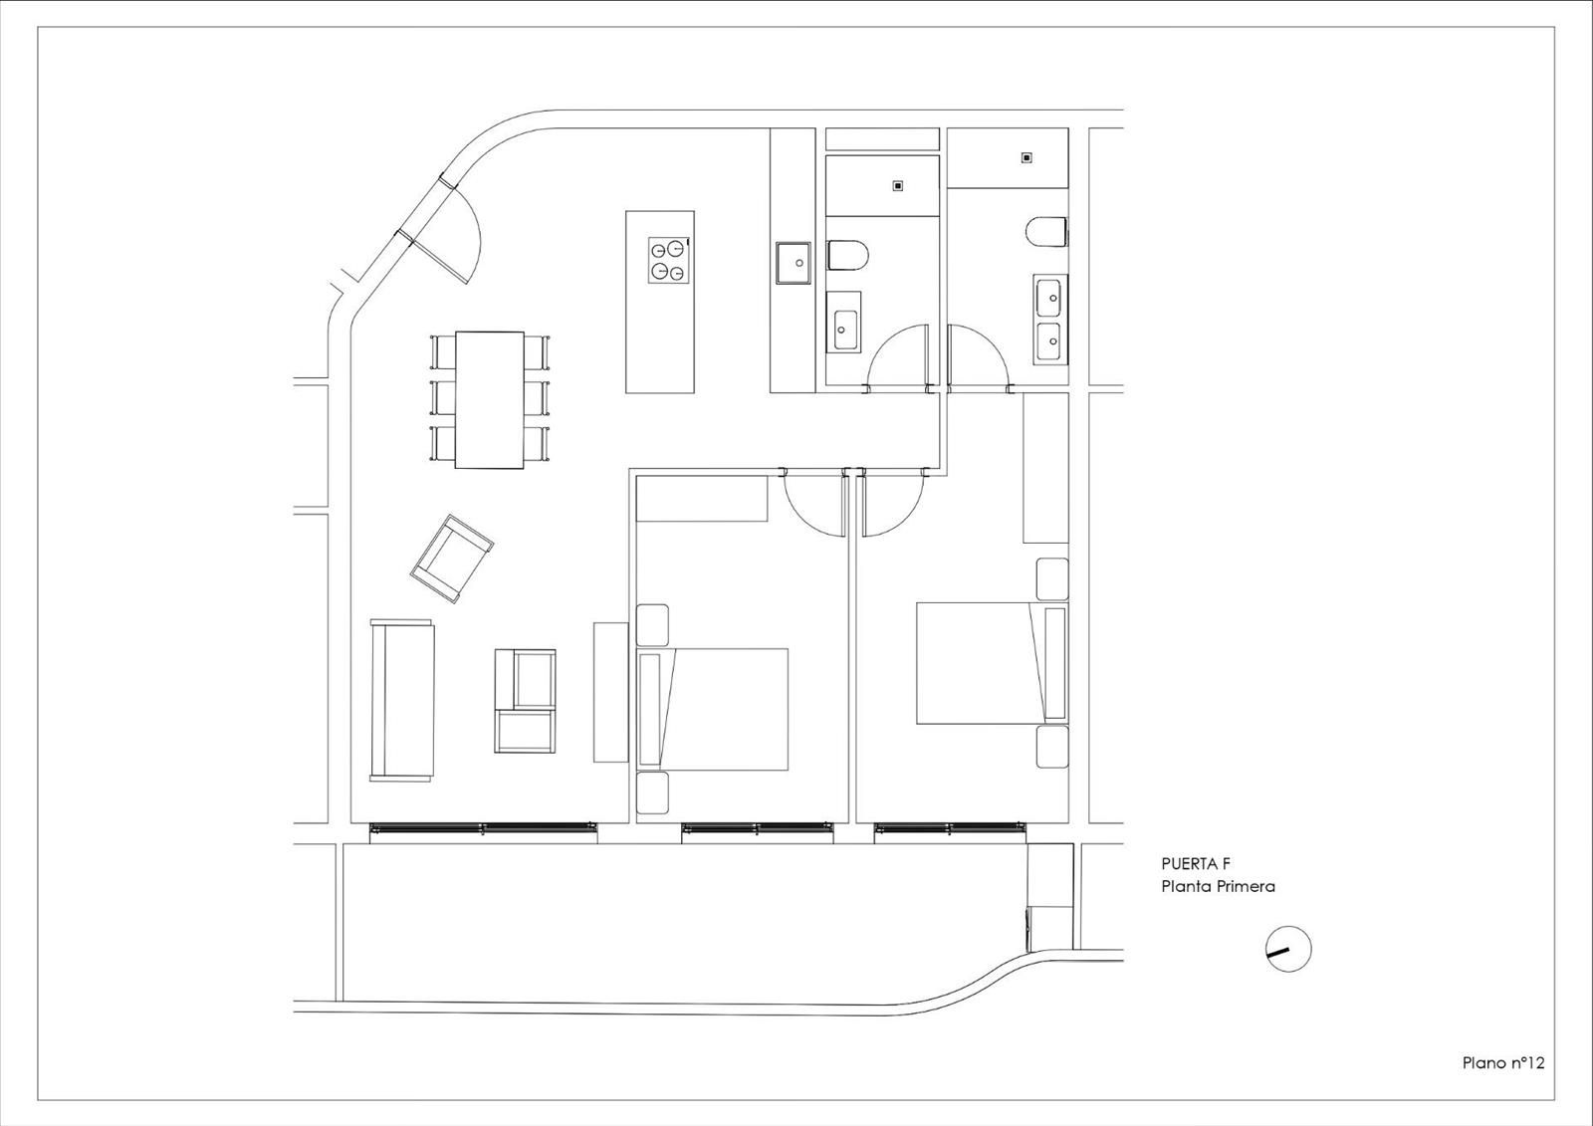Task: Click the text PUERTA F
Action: (x=1196, y=863)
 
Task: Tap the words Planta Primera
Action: (x=1219, y=886)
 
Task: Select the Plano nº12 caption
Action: (x=1503, y=1082)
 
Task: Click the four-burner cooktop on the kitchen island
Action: (x=669, y=260)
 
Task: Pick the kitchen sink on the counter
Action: (x=793, y=263)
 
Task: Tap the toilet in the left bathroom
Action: (x=848, y=255)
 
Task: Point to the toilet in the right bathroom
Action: (x=1046, y=232)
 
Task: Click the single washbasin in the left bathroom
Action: (x=845, y=331)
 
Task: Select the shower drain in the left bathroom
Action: (x=898, y=185)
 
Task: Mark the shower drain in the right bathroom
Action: (x=1026, y=158)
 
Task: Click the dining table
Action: (x=490, y=400)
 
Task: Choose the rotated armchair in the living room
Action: (x=452, y=559)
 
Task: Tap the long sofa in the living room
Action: (x=402, y=700)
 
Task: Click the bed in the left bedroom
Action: (x=713, y=709)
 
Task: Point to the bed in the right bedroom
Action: (x=992, y=664)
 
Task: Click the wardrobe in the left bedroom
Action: (x=701, y=499)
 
